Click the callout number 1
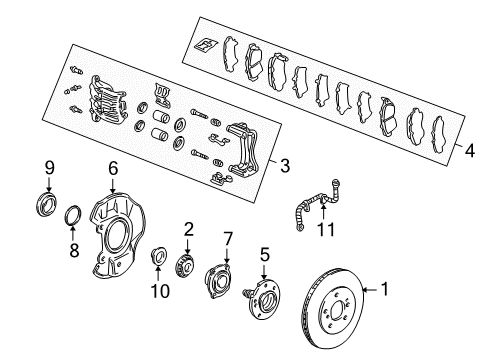pos(385,289)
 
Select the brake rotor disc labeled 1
pos(332,308)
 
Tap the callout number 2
pos(188,229)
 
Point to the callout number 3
pos(285,166)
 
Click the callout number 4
pos(469,151)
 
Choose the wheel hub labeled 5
pos(263,299)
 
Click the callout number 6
pos(113,168)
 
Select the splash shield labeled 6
pos(117,233)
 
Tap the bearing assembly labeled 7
pos(218,280)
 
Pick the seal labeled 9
pos(46,204)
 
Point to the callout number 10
pos(160,291)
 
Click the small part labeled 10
pos(158,256)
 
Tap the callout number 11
pos(326,229)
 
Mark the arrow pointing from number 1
pos(371,290)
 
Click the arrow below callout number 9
pos(49,184)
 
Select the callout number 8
pos(74,250)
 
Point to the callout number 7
pos(228,239)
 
